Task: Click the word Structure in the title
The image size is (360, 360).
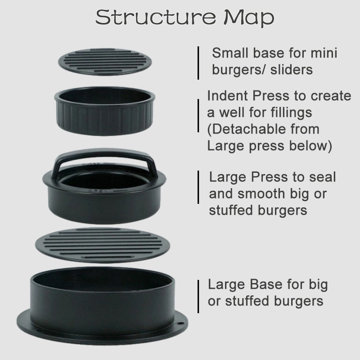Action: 156,17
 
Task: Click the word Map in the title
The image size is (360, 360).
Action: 249,18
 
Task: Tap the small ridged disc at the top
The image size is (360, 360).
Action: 105,62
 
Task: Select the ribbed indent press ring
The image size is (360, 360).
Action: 104,111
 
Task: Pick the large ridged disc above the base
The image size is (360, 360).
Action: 103,245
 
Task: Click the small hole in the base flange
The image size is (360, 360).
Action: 180,323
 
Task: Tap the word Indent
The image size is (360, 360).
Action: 227,95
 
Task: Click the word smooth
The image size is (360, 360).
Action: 261,193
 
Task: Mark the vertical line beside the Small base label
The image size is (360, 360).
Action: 198,63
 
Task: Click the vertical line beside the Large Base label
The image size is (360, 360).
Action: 198,296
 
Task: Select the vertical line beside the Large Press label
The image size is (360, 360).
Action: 198,187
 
